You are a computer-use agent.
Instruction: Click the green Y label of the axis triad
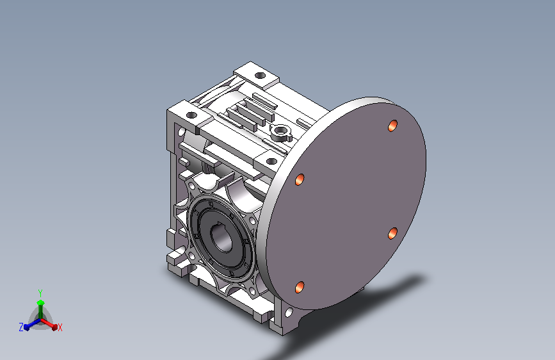click(40, 293)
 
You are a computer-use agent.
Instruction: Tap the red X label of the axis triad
click(60, 327)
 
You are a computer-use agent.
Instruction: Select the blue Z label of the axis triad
click(21, 327)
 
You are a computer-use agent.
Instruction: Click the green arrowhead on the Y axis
click(40, 302)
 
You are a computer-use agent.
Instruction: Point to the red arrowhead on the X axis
click(54, 327)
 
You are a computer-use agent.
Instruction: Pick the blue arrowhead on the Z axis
click(26, 327)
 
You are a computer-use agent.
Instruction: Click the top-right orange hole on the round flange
click(392, 126)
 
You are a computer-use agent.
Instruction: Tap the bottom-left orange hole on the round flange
click(300, 287)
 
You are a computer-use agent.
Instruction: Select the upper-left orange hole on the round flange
click(300, 179)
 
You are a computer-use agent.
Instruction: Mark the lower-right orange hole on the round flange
click(392, 234)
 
